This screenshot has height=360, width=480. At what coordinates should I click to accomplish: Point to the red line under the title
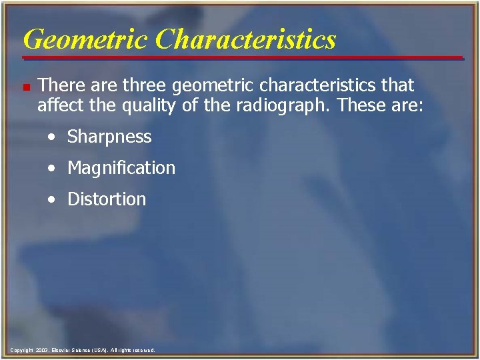coord(243,58)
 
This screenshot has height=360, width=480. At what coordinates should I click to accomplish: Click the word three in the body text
coord(146,86)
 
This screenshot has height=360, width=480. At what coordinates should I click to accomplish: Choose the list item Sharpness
coord(109,137)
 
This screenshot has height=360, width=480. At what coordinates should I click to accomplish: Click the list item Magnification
coord(121,168)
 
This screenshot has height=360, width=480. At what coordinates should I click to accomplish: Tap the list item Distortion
coord(107,199)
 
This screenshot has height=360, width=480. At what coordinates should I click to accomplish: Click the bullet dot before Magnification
coord(51,169)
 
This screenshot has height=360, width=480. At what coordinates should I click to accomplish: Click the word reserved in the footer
coord(143,350)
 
